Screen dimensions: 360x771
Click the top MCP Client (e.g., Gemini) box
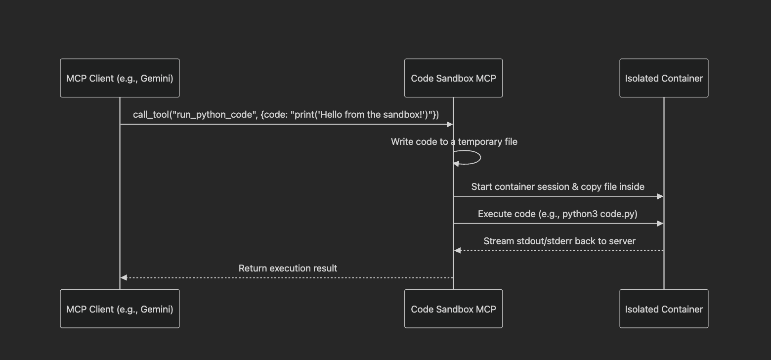click(120, 78)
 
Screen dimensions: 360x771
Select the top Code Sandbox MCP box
click(453, 78)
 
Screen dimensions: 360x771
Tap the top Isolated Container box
click(664, 78)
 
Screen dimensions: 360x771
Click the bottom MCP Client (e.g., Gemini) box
click(120, 309)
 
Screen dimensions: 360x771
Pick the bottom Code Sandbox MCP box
click(453, 309)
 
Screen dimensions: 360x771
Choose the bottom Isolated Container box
click(664, 309)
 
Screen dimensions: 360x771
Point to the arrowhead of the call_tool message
click(450, 125)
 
